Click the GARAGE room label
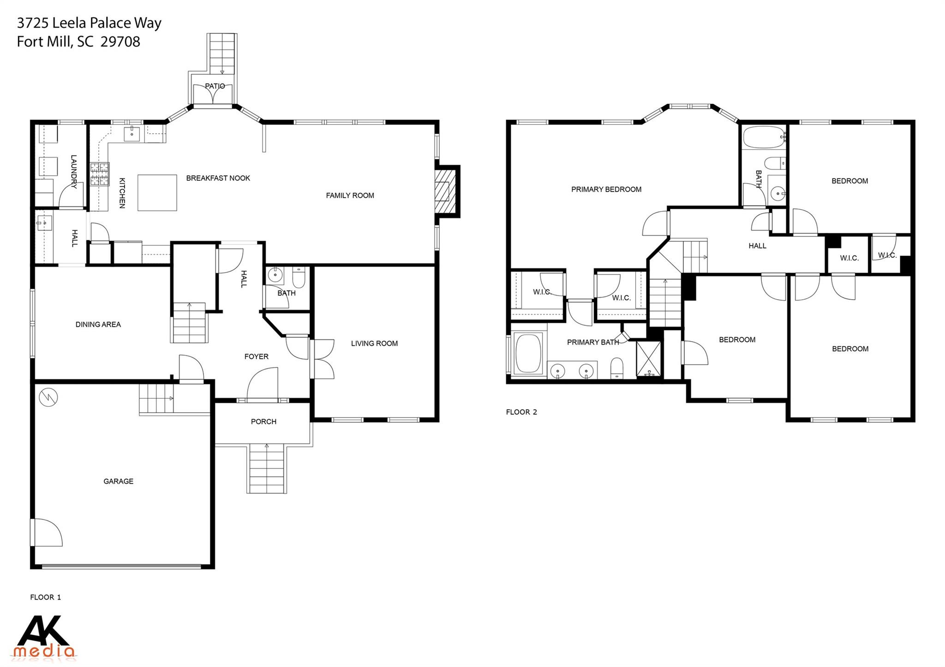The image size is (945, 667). click(118, 481)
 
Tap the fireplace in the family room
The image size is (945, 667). click(444, 191)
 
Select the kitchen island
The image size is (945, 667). click(157, 192)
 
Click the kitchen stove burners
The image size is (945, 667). click(100, 174)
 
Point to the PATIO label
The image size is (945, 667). click(215, 86)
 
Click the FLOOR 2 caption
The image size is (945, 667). click(521, 412)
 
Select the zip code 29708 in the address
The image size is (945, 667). click(120, 42)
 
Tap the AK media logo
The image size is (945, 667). click(45, 637)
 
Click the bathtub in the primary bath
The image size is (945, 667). click(528, 354)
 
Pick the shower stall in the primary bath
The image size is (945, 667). click(648, 358)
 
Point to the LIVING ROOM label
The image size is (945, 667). click(374, 343)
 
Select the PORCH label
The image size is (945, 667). click(263, 422)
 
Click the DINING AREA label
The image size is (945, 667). click(98, 325)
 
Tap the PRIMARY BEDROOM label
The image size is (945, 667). click(606, 189)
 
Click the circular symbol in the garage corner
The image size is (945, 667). click(48, 397)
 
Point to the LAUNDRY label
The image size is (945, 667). click(73, 171)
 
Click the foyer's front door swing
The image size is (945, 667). click(263, 384)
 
